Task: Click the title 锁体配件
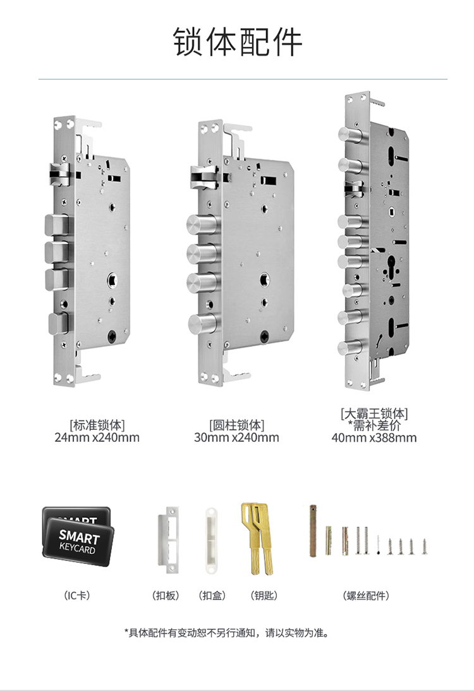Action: pos(237,42)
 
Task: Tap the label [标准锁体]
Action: pos(97,425)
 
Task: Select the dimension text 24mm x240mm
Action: pos(97,437)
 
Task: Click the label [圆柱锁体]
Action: pos(236,425)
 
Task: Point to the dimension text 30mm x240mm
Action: pos(236,437)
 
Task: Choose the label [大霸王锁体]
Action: pos(374,414)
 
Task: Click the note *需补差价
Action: pos(374,425)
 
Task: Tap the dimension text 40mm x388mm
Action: pos(374,437)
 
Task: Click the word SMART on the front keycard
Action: pos(79,536)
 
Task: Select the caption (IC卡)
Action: pos(77,596)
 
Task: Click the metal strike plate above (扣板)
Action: pos(168,540)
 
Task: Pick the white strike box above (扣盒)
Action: pos(212,541)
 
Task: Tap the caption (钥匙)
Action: pos(264,596)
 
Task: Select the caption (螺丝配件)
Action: pos(366,596)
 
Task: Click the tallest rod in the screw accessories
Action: pos(313,531)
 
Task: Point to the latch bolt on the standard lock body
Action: pos(59,174)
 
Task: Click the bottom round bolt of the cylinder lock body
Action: pos(202,325)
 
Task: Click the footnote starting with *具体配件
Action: pos(227,633)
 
